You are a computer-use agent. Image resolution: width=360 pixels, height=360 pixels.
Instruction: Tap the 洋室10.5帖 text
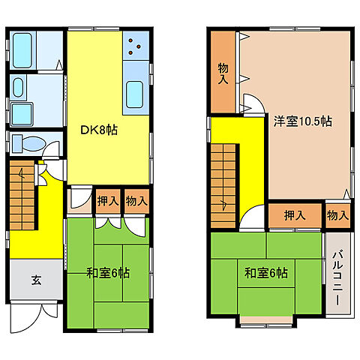[302, 120]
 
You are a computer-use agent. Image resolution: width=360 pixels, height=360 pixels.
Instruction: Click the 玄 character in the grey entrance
[35, 281]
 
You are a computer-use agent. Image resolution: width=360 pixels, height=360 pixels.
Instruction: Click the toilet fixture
[27, 142]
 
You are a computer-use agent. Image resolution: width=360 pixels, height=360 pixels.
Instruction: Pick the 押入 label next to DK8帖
[107, 200]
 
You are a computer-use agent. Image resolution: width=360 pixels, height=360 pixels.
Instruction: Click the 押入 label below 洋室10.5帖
[295, 215]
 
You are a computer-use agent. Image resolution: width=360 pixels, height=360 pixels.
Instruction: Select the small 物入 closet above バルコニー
[337, 215]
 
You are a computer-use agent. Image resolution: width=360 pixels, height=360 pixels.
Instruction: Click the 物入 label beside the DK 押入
[136, 200]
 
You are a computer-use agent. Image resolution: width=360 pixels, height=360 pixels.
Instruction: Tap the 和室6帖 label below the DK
[107, 273]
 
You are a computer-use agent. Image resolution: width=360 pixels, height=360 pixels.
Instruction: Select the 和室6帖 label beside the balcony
[265, 273]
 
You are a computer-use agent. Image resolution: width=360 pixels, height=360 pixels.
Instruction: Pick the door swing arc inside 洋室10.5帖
[255, 107]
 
